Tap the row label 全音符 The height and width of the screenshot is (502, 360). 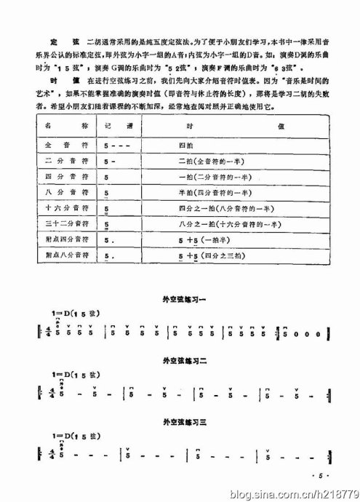(x=60, y=146)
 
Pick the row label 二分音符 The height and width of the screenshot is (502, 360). (x=60, y=162)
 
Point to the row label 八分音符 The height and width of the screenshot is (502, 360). (x=60, y=194)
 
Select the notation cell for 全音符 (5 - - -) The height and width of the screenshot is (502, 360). (x=116, y=146)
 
